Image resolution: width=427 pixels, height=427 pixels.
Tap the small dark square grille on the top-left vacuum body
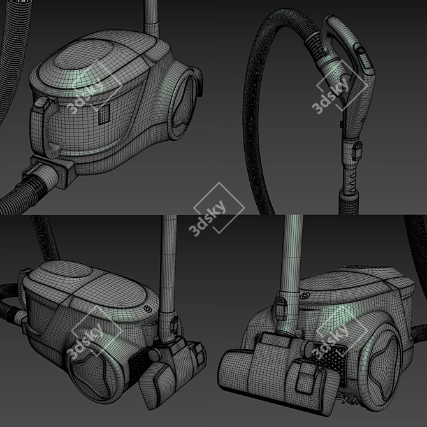pyautogui.click(x=105, y=114)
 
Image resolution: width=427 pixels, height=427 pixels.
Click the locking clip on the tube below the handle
pyautogui.click(x=358, y=151)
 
